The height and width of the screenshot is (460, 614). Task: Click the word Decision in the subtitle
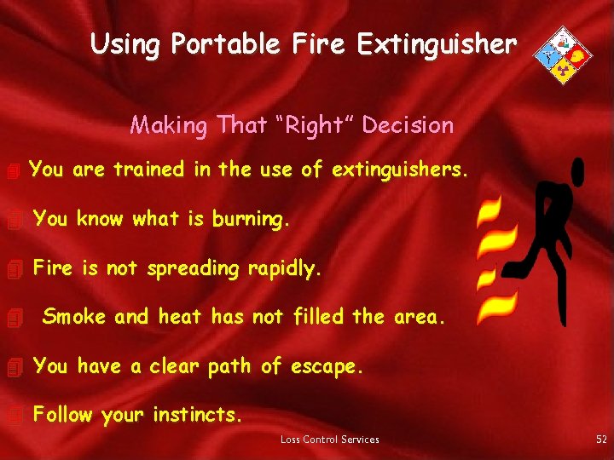coord(408,125)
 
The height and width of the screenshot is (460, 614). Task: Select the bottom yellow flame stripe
coord(497,308)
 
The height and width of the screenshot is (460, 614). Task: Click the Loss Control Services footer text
coord(330,440)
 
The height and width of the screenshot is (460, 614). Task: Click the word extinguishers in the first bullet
coord(399,170)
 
